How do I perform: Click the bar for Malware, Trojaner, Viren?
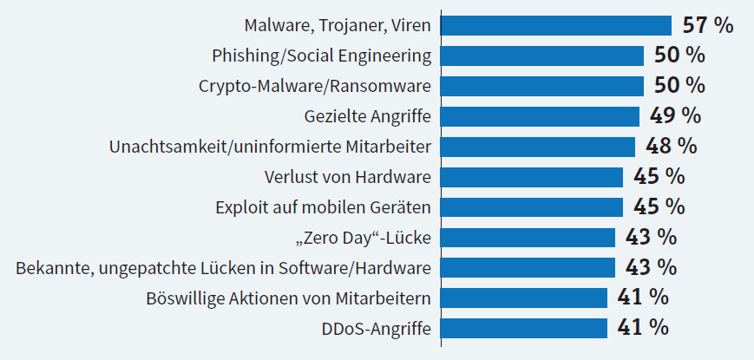556,25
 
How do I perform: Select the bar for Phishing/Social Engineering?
542,56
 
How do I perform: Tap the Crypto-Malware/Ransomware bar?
542,86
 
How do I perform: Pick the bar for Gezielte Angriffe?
540,116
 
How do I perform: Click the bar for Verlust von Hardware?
532,177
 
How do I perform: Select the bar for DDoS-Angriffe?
524,328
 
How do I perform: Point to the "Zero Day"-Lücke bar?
528,237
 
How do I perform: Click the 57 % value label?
708,25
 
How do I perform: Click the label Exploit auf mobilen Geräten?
323,207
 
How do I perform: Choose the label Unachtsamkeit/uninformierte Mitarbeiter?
271,147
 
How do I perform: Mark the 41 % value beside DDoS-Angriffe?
643,328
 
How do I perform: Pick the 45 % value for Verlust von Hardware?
659,177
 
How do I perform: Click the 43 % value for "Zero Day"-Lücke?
651,237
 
